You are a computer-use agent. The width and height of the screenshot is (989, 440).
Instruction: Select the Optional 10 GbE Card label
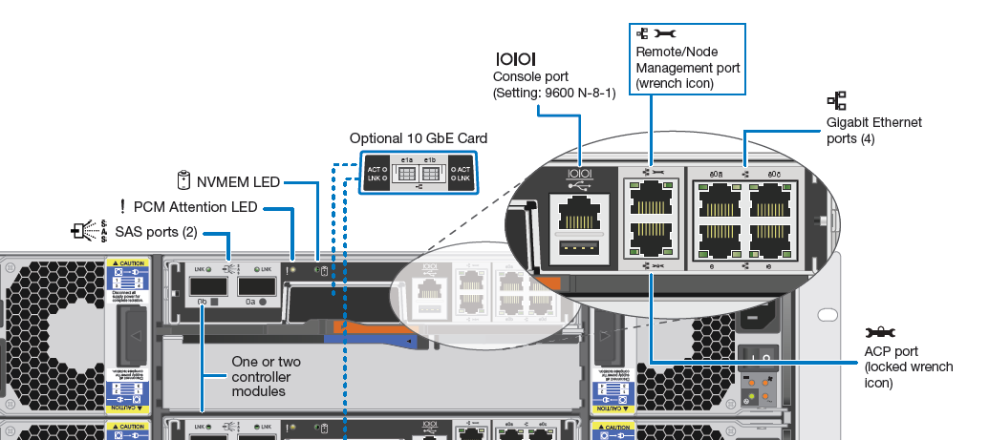[x=418, y=138]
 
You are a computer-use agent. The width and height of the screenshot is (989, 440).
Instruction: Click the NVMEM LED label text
[x=239, y=179]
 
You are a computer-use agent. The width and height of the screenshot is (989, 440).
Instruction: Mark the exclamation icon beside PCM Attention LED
[x=122, y=206]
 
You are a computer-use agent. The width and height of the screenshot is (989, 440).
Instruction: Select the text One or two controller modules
[x=267, y=377]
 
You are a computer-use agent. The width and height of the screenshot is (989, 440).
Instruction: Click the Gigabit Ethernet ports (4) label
[x=873, y=131]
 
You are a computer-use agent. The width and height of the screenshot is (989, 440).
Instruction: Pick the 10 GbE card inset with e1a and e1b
[x=419, y=173]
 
